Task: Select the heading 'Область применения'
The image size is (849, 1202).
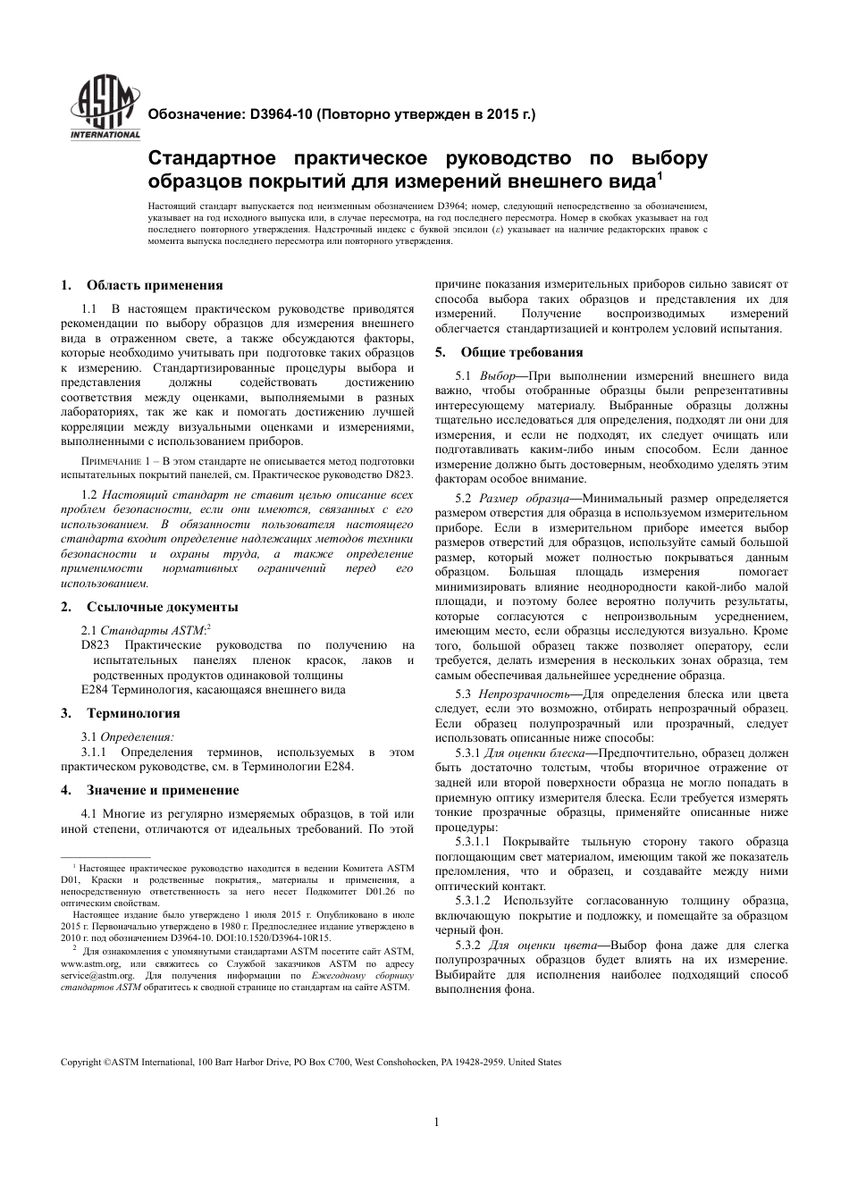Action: (x=155, y=285)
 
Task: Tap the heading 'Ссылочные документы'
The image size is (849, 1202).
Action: (x=162, y=607)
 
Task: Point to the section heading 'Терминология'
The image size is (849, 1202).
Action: (x=133, y=713)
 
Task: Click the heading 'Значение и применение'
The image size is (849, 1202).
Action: (x=163, y=790)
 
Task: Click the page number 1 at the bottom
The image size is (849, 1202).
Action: (x=435, y=1122)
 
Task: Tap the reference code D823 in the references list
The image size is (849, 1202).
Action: (x=96, y=644)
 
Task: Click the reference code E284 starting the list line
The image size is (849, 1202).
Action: (x=95, y=689)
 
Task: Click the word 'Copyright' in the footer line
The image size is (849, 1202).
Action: (x=80, y=1063)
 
